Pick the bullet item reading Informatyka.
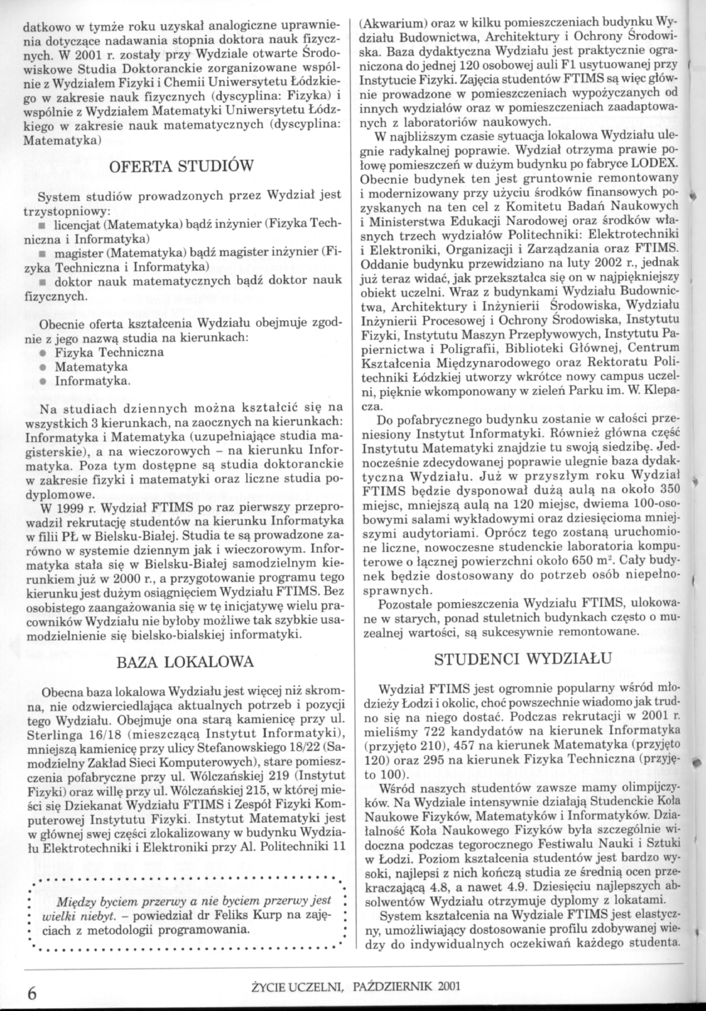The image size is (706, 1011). point(92,380)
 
